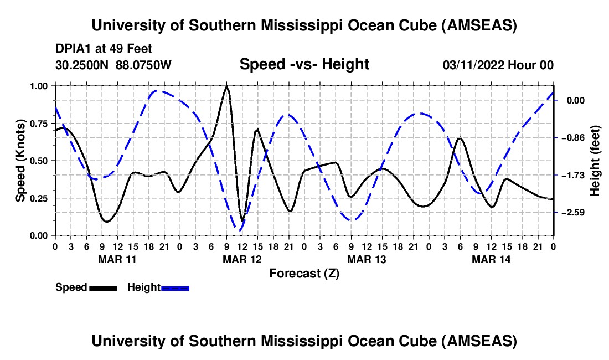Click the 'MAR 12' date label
click(241, 259)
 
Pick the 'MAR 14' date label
click(491, 259)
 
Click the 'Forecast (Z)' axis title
click(304, 273)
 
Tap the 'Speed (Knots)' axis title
click(20, 161)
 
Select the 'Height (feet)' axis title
click(595, 161)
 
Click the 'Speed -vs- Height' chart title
click(304, 64)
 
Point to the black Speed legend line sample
click(103, 287)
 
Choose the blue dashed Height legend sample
click(175, 287)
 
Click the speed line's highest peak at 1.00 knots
click(226, 86)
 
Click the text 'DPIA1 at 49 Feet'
click(104, 49)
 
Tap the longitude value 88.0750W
click(144, 65)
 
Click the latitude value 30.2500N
click(82, 65)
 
